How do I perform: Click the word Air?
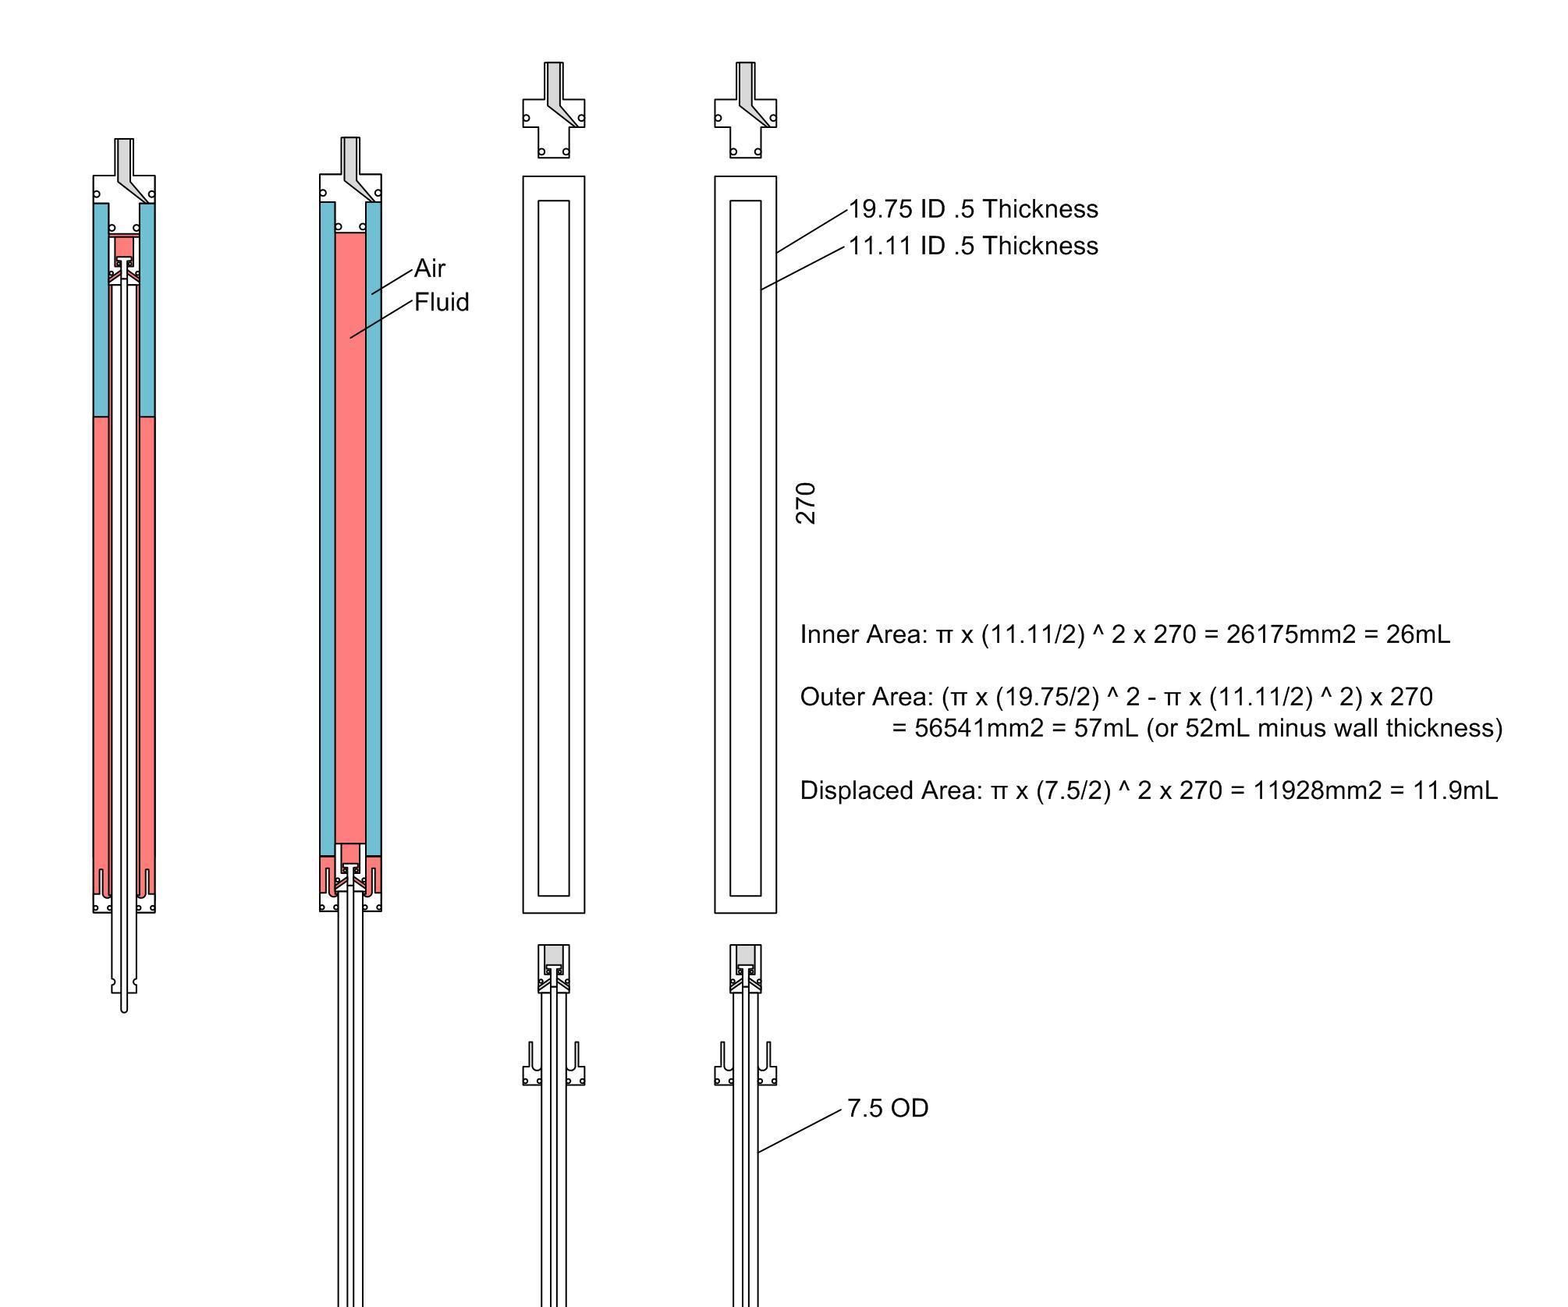[x=429, y=268]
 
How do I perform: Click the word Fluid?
[x=442, y=303]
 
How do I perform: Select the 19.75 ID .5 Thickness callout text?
[x=973, y=209]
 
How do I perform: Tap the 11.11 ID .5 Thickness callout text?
[x=973, y=246]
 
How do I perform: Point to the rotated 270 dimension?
[x=806, y=503]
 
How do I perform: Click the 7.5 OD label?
[x=888, y=1109]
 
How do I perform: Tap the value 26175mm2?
[x=1290, y=634]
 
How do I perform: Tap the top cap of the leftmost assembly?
[x=124, y=187]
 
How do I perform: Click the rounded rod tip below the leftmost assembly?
[x=124, y=1007]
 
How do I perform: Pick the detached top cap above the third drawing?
[x=553, y=117]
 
